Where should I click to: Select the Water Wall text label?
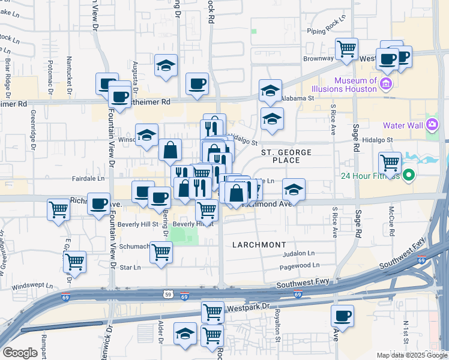tap(404, 125)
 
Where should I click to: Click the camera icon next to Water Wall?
tap(432, 125)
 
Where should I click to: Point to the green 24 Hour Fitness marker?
tap(409, 176)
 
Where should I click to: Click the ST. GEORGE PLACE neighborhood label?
tap(287, 157)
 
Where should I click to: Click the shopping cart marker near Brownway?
tap(346, 49)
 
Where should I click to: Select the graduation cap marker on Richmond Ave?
tap(294, 190)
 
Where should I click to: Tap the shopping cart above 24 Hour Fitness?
tap(390, 162)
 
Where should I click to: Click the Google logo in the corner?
tap(20, 353)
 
